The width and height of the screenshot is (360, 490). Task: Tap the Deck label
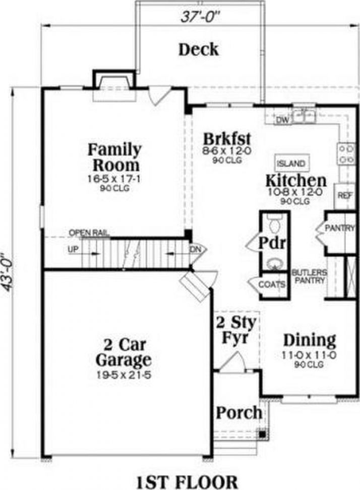point(199,49)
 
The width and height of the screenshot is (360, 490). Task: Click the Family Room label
point(115,157)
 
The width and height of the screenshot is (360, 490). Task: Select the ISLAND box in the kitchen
point(291,164)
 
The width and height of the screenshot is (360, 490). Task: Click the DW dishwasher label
point(282,120)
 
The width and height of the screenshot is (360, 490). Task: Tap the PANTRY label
point(340,229)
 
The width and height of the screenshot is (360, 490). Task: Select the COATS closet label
point(272,285)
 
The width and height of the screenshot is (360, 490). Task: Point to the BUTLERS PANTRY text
point(309,276)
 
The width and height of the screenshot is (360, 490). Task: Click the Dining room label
point(309,340)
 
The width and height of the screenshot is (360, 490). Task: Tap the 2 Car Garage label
point(123,353)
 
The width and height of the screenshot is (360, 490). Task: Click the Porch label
point(239,412)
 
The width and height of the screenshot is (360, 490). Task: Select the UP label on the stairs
point(73,249)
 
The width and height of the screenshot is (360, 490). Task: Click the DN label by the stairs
point(195,249)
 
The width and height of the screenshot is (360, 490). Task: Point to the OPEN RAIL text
point(89,233)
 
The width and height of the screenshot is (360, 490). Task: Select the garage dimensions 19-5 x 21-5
point(123,375)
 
